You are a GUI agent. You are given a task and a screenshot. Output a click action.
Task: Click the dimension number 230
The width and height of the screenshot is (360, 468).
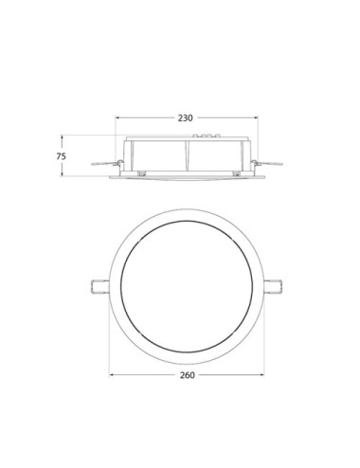click(186, 118)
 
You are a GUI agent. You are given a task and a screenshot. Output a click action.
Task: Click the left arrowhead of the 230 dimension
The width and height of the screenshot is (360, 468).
click(117, 127)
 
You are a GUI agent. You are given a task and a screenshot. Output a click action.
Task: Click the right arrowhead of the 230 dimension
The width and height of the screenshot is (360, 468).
click(256, 127)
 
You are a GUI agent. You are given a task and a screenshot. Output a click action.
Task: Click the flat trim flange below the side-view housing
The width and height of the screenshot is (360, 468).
click(186, 176)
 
